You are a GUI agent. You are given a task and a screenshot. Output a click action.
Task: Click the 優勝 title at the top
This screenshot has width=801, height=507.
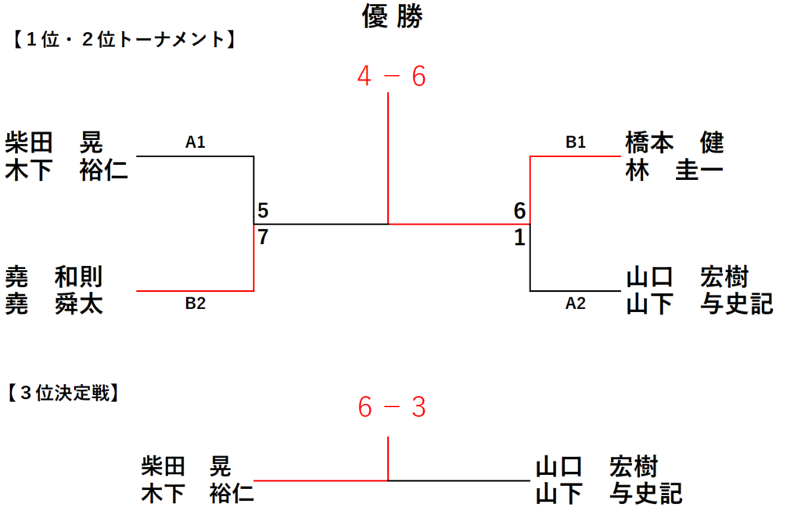pyautogui.click(x=393, y=16)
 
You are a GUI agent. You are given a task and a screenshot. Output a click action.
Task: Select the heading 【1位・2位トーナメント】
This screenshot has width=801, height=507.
pyautogui.click(x=124, y=39)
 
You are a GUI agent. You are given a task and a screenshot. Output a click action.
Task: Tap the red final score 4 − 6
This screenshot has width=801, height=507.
pyautogui.click(x=392, y=77)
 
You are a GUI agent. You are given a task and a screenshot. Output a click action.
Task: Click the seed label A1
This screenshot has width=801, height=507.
pyautogui.click(x=195, y=142)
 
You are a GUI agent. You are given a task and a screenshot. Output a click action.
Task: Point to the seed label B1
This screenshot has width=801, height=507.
pyautogui.click(x=575, y=142)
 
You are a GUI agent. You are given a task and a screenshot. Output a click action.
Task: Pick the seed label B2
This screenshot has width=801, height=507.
pyautogui.click(x=195, y=304)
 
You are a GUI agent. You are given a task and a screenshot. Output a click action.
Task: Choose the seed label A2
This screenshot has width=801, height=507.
pyautogui.click(x=575, y=304)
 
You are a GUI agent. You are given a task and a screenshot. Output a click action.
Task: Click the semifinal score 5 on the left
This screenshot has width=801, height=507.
pyautogui.click(x=263, y=210)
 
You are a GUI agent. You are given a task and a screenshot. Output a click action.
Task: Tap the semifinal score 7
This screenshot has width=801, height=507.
pyautogui.click(x=263, y=237)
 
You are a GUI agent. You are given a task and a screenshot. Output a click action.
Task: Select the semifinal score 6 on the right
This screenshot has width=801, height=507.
pyautogui.click(x=519, y=210)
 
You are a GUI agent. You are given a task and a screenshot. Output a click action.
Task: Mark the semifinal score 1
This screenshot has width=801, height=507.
pyautogui.click(x=519, y=237)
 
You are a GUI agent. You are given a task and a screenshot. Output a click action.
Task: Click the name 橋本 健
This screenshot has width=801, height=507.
pyautogui.click(x=675, y=142)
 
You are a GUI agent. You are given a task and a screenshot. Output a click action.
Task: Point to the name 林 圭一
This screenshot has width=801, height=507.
pyautogui.click(x=675, y=171)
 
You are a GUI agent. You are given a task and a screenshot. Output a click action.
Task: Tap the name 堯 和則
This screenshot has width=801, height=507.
pyautogui.click(x=54, y=277)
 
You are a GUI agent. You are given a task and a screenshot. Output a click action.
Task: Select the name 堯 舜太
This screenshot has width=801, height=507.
pyautogui.click(x=54, y=304)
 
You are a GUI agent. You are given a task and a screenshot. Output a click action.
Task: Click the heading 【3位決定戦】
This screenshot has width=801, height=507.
pyautogui.click(x=64, y=393)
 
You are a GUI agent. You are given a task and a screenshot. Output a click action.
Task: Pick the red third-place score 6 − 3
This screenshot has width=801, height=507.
pyautogui.click(x=392, y=408)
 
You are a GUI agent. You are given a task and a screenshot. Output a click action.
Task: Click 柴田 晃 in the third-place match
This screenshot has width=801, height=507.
pyautogui.click(x=186, y=466)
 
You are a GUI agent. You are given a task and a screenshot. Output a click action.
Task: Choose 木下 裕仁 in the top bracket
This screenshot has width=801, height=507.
pyautogui.click(x=66, y=171)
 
